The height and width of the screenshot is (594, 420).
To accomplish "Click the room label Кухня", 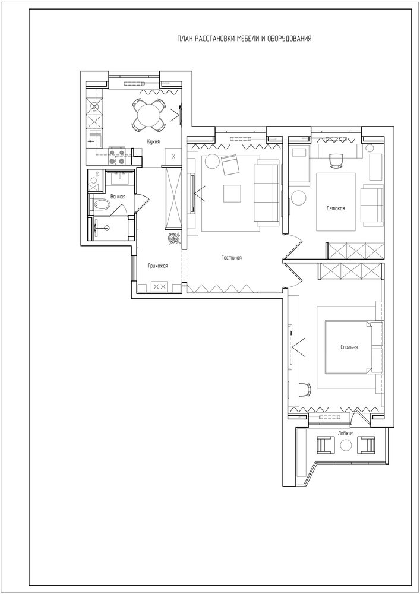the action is click(x=154, y=142).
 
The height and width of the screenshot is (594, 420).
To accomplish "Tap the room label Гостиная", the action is click(x=232, y=258).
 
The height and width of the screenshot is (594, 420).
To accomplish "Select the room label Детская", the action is click(x=336, y=208).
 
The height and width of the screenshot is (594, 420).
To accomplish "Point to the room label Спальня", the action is click(x=349, y=347).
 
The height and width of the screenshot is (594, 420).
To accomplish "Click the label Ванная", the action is click(x=118, y=197).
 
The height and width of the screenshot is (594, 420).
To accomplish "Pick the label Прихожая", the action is click(x=157, y=266).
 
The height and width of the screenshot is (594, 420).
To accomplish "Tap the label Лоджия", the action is click(x=346, y=434).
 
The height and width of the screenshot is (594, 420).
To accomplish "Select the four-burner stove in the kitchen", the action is click(x=117, y=156).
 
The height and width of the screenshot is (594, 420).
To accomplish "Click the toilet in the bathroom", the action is click(x=101, y=206).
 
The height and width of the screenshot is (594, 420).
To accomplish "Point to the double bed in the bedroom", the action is click(x=349, y=347).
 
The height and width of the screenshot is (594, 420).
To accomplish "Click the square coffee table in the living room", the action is click(x=232, y=194).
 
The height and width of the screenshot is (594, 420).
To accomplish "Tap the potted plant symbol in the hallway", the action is click(x=174, y=239).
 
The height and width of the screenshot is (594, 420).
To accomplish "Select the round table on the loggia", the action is click(x=346, y=445).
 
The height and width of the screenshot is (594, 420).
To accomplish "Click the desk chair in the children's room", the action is click(x=336, y=160).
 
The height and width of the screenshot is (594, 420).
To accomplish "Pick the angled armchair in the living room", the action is click(x=230, y=165).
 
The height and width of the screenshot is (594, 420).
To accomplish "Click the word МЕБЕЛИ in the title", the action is click(x=248, y=38).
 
